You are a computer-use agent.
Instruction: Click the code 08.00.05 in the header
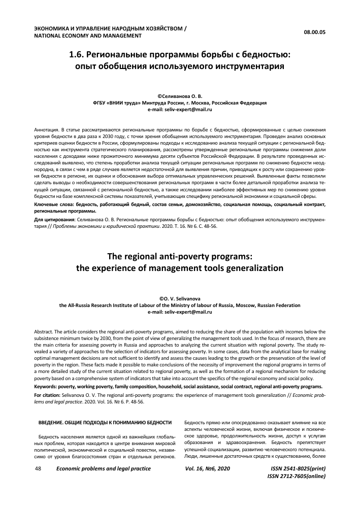pos(314,32)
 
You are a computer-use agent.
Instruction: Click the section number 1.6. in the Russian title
pos(78,54)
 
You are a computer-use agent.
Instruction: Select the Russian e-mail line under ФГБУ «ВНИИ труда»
pos(180,109)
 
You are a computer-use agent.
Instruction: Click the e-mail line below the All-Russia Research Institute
pos(180,312)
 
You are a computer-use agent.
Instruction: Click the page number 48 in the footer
pos(38,468)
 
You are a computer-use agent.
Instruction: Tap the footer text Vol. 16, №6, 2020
pos(208,468)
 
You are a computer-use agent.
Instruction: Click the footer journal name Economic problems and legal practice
pos(103,468)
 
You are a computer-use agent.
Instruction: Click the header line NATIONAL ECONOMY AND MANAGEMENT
pos(87,36)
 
